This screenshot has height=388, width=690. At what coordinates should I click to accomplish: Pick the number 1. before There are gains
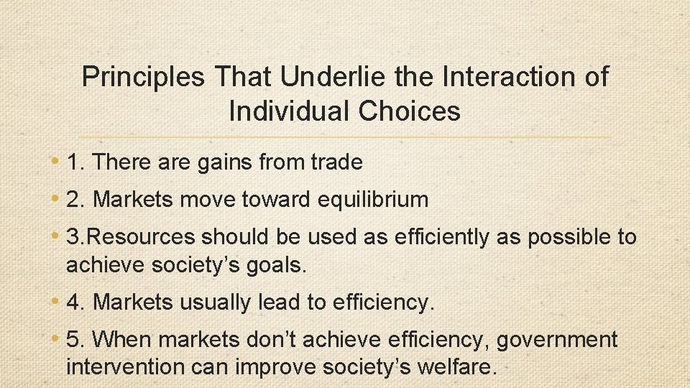(x=76, y=162)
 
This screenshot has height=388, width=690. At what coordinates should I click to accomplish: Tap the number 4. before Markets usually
(x=76, y=303)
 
